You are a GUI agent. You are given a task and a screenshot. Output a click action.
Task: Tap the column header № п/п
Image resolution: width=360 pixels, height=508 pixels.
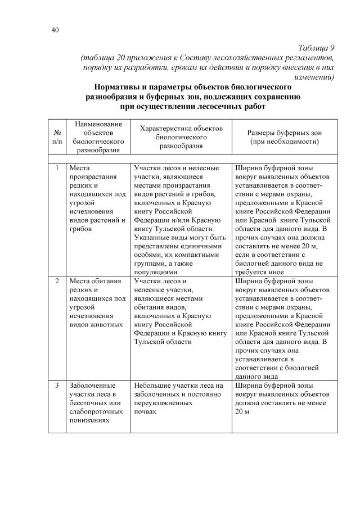pyautogui.click(x=57, y=137)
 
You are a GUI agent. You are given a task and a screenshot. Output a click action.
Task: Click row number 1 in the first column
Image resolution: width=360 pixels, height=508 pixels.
pyautogui.click(x=57, y=167)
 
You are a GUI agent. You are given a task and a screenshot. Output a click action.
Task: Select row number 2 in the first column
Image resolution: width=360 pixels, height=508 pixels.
pyautogui.click(x=57, y=280)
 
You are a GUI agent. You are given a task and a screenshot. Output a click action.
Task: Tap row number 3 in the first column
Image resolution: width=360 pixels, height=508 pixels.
pyautogui.click(x=57, y=385)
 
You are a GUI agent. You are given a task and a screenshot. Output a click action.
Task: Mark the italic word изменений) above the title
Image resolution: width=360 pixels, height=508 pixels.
pyautogui.click(x=311, y=77)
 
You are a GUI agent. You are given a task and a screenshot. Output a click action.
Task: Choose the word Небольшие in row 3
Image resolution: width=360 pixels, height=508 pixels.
pyautogui.click(x=151, y=385)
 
